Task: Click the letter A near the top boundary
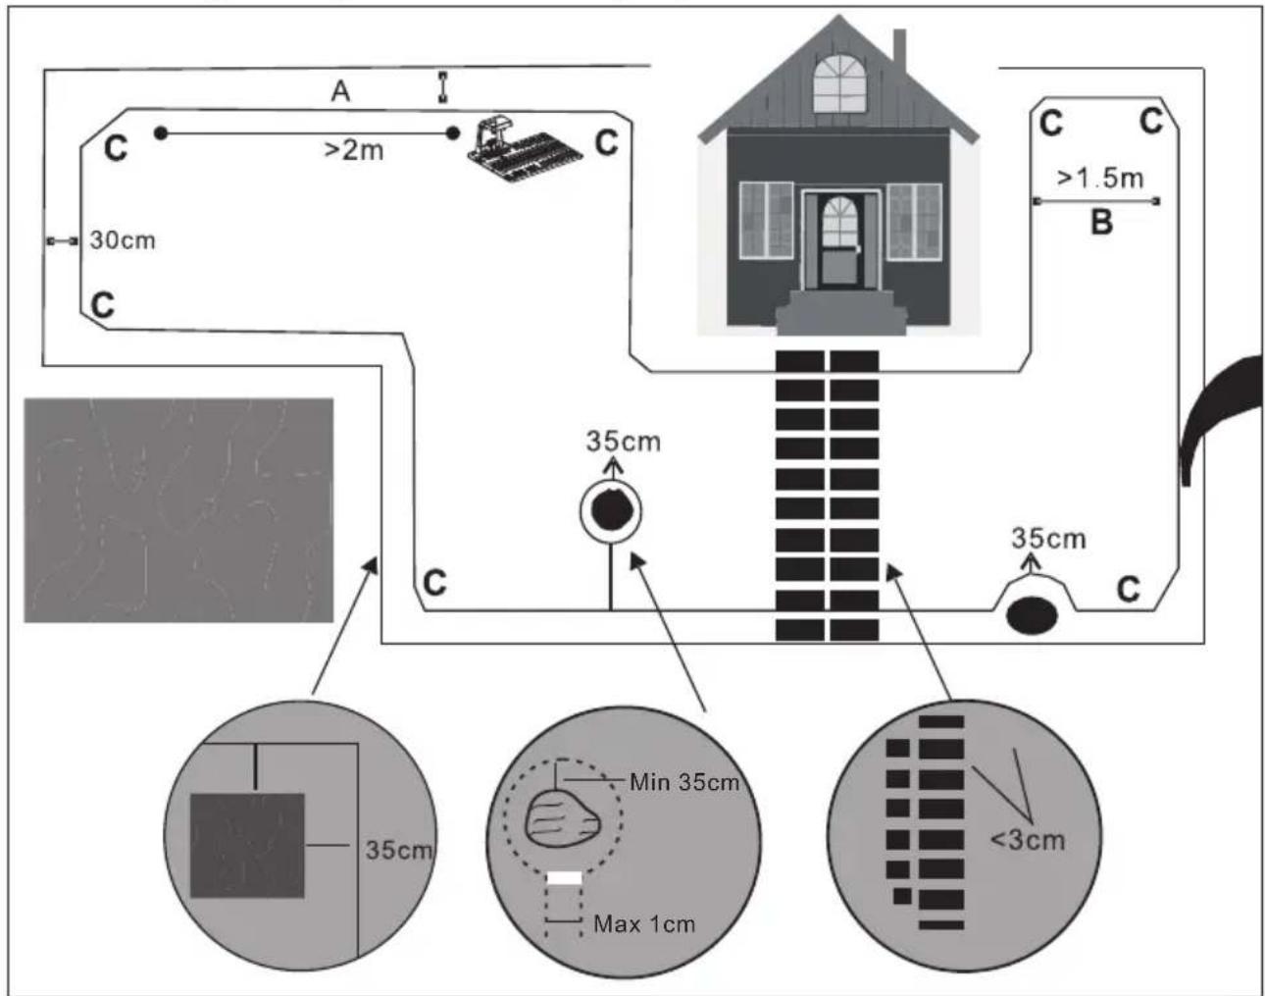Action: click(x=341, y=91)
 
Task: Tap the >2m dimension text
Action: click(x=354, y=150)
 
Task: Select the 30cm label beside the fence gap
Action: click(x=123, y=240)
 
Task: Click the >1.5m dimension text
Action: click(x=1100, y=178)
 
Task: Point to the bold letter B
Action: click(x=1101, y=223)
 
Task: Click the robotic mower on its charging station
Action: click(x=524, y=149)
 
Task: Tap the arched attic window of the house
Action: click(x=839, y=83)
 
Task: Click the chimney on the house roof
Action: click(x=899, y=51)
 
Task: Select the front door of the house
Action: click(x=840, y=241)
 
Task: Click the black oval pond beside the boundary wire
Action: click(x=1032, y=616)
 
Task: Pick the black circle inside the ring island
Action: click(x=610, y=510)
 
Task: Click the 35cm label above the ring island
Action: click(x=623, y=442)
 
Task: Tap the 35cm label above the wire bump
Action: click(x=1048, y=539)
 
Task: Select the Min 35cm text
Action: click(x=684, y=782)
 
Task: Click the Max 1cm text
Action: click(x=644, y=923)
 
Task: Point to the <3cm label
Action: click(x=1028, y=840)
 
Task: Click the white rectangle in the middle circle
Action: click(x=564, y=878)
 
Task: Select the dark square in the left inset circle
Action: click(x=247, y=846)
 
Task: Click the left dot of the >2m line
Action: click(x=161, y=133)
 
